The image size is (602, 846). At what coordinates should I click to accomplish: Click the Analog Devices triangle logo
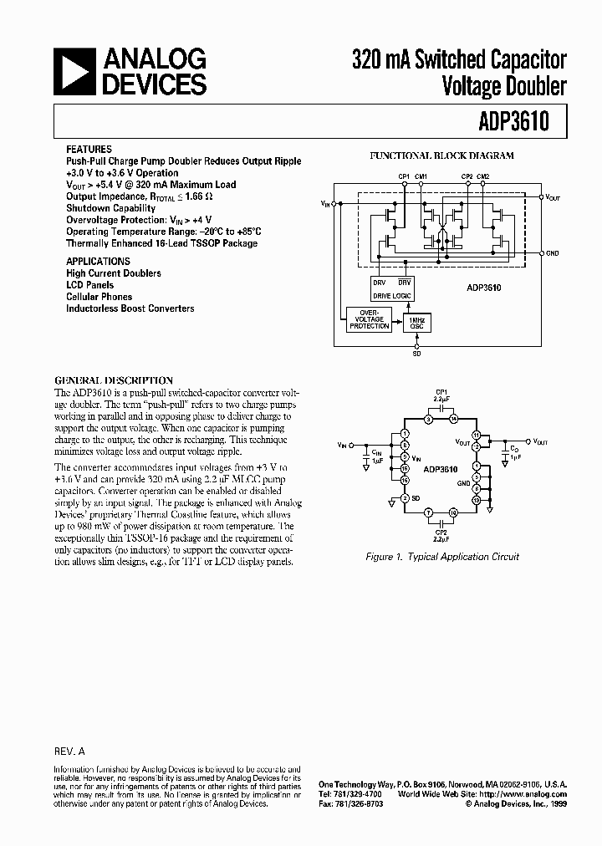click(76, 71)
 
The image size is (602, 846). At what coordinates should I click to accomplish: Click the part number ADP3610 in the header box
click(513, 122)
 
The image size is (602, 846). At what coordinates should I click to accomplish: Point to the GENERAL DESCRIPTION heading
click(114, 380)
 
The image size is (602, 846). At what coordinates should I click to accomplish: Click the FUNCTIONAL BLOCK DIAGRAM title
click(441, 155)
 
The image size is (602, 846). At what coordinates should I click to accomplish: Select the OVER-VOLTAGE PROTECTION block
click(369, 319)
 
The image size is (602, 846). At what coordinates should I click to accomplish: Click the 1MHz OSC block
click(416, 322)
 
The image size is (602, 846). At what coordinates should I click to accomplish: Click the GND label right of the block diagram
click(553, 252)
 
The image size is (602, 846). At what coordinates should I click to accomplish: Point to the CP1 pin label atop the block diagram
click(405, 176)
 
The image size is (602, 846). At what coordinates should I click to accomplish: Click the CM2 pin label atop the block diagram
click(484, 176)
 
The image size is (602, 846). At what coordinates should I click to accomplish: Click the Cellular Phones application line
click(99, 297)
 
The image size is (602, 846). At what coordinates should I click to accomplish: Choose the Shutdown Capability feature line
click(110, 208)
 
